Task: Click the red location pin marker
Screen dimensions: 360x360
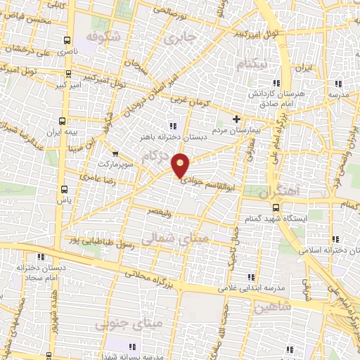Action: click(181, 165)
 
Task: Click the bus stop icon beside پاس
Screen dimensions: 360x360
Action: click(65, 188)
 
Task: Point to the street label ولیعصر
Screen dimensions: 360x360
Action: click(162, 210)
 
